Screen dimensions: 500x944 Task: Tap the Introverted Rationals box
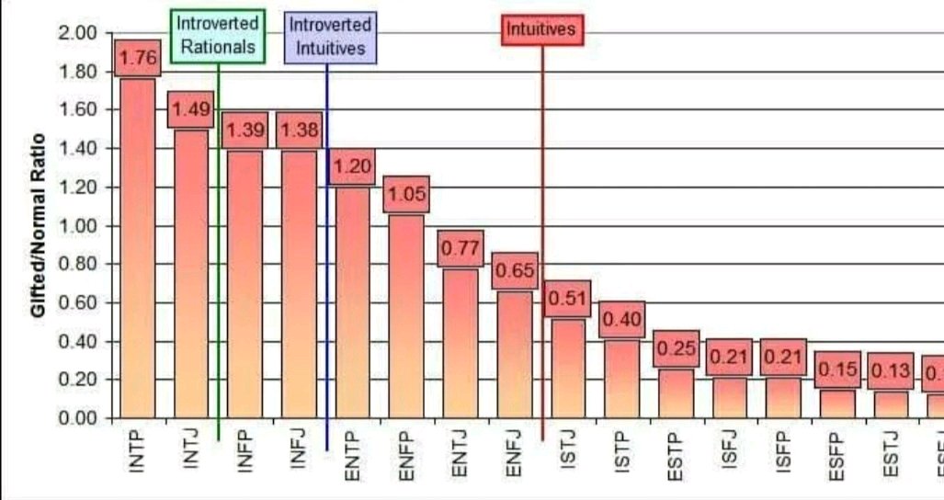tap(218, 37)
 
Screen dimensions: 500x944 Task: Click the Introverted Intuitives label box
tap(330, 37)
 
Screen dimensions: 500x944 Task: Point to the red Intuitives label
tap(542, 29)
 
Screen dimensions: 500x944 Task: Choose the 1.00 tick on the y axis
tap(78, 226)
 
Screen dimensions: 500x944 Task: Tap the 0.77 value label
tap(460, 248)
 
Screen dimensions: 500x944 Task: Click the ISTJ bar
tap(567, 368)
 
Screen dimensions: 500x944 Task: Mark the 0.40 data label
tap(621, 320)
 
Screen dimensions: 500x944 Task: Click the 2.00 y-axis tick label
tap(78, 33)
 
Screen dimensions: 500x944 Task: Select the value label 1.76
tap(139, 58)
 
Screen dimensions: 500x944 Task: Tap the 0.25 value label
tap(677, 349)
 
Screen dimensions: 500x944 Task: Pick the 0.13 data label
tap(890, 371)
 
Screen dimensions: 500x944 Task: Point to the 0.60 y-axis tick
tap(78, 303)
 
